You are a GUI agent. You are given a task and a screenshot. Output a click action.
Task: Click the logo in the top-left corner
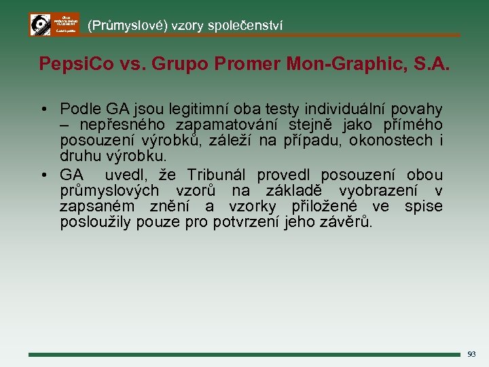coord(54,24)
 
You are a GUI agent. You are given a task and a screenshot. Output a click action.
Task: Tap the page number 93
coord(471,354)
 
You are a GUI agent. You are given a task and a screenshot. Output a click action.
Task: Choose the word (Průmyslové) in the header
coord(127,26)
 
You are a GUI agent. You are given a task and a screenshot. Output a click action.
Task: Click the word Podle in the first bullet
coord(79,109)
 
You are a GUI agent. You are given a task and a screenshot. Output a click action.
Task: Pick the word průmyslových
coord(109,191)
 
